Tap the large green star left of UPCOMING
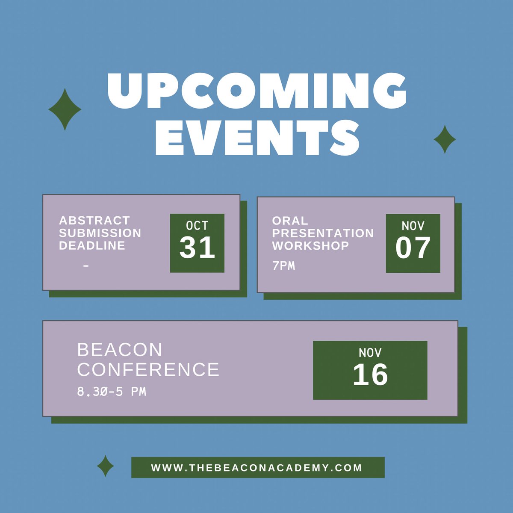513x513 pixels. click(65, 109)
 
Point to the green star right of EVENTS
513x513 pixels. click(445, 139)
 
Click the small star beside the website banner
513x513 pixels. click(105, 466)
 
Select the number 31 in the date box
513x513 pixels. click(197, 248)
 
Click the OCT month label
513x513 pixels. click(197, 226)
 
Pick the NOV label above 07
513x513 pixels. click(413, 226)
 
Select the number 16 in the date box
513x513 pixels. click(370, 375)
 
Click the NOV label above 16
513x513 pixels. click(370, 353)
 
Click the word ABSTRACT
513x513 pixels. click(94, 221)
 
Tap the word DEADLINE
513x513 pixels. click(92, 245)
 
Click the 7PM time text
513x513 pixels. click(283, 266)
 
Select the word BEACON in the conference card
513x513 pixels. click(120, 350)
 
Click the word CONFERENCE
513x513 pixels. click(148, 370)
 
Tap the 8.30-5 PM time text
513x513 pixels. click(112, 392)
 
